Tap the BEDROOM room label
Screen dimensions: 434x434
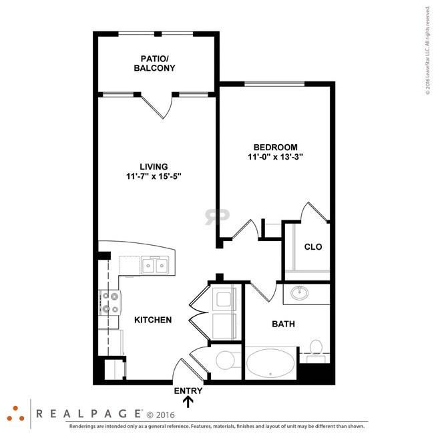[275, 147]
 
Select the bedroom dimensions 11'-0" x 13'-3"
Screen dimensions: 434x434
[275, 158]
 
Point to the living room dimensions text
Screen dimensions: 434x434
[154, 176]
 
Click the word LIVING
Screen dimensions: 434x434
[154, 166]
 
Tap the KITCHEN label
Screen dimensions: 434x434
[153, 320]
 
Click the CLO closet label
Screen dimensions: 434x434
[312, 246]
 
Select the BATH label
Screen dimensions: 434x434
[283, 324]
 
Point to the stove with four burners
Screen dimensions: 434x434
[110, 302]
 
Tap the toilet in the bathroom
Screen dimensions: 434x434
[316, 349]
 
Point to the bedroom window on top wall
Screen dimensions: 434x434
[274, 83]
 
